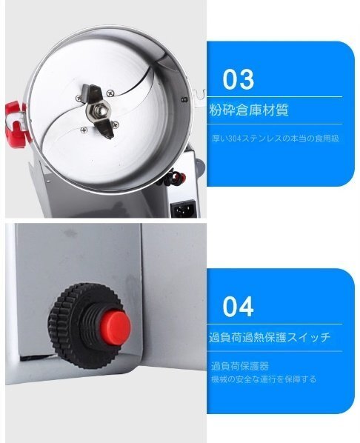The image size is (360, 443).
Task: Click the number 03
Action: pos(238,79)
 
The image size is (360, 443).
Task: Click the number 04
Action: pos(238,306)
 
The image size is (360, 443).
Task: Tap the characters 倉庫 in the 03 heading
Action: pos(250,110)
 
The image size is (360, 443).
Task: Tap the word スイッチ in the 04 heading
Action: pos(310,338)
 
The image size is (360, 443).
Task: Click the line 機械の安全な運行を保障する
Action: pos(263,379)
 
